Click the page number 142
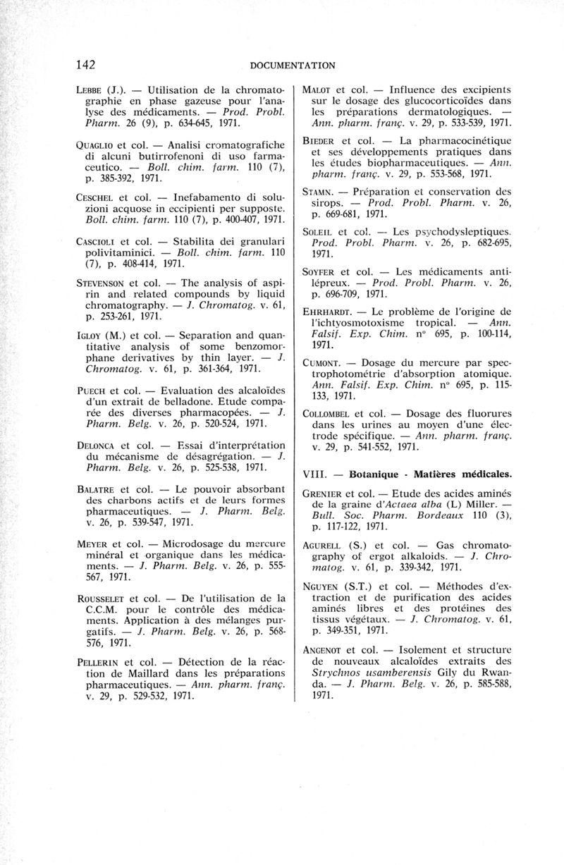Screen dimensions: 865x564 point(85,65)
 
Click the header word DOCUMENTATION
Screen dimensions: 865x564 point(292,66)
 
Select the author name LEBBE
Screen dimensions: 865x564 point(89,91)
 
